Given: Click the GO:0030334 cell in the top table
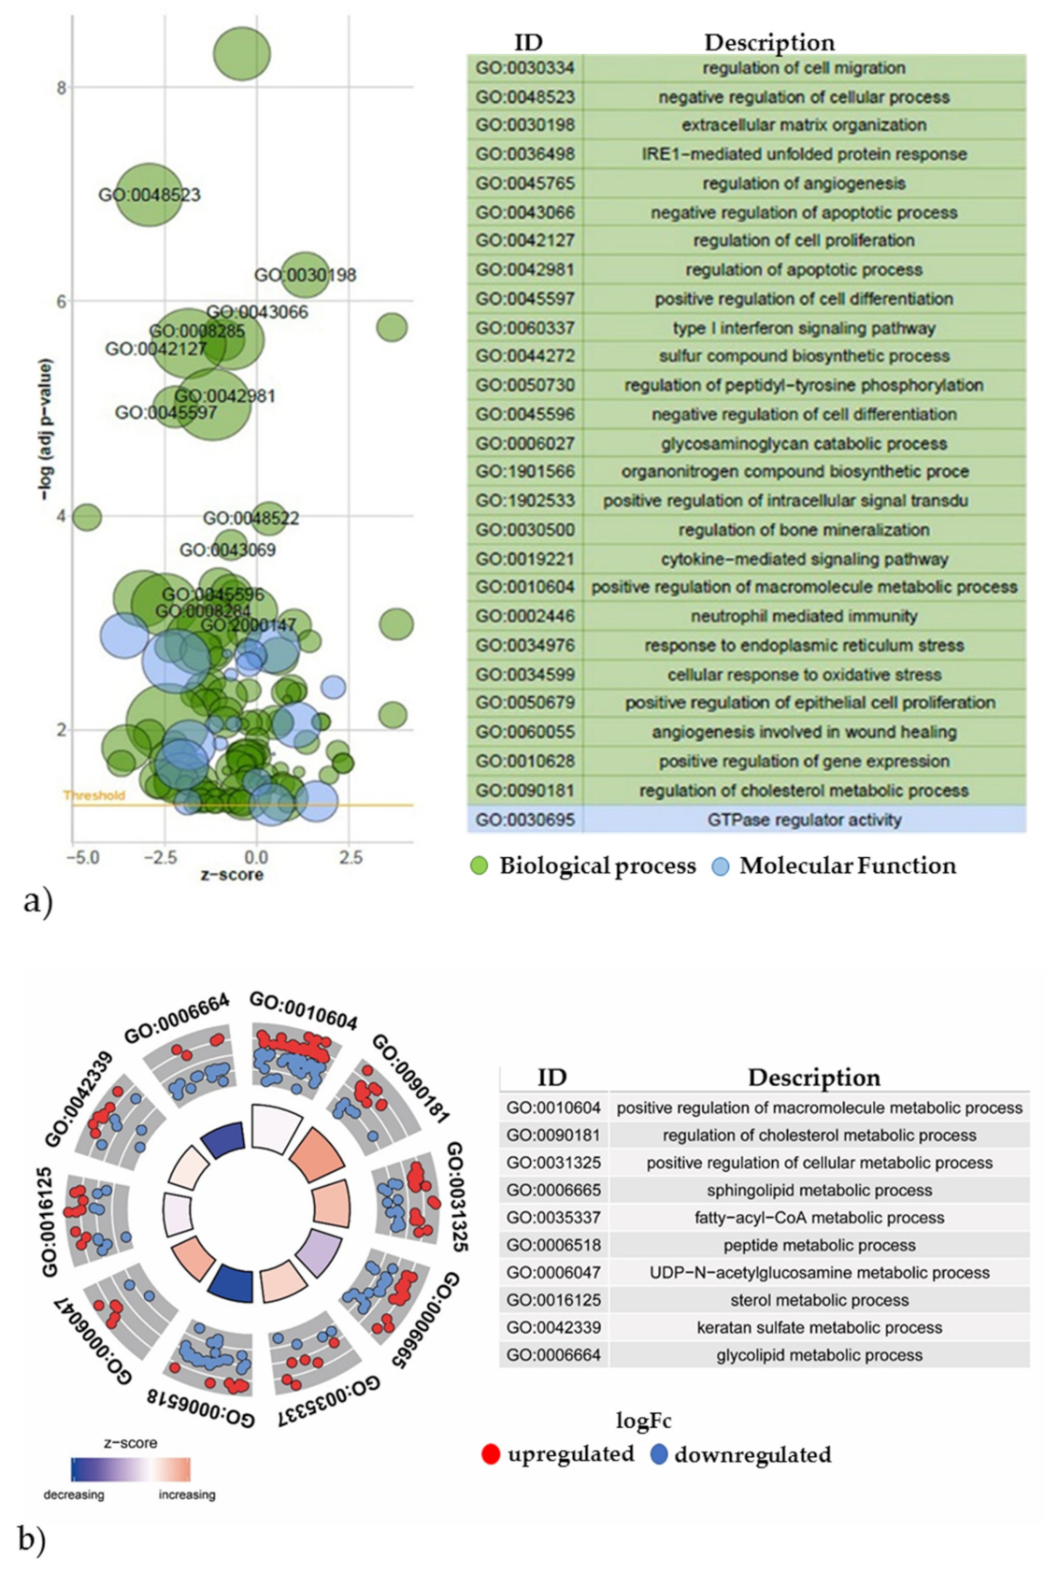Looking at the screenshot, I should point(524,68).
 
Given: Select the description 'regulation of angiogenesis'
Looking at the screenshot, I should point(804,183).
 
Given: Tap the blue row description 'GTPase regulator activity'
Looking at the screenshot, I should point(804,820).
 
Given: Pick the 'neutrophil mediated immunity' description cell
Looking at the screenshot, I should point(804,616).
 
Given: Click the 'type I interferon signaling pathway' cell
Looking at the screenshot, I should point(804,328).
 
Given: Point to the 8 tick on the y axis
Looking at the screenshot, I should point(62,89).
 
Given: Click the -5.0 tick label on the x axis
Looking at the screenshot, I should point(82,857).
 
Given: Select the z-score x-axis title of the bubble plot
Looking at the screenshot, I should point(231,875).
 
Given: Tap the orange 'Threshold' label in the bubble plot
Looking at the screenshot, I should point(93,795).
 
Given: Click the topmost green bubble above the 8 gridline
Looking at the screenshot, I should point(241,53).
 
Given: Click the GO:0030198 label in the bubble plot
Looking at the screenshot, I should point(305,276).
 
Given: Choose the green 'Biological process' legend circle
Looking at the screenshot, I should point(480,866).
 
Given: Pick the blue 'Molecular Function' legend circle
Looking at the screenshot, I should point(720,866).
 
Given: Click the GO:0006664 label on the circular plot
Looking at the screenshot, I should point(177,1019).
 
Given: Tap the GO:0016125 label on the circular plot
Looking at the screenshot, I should point(49,1221).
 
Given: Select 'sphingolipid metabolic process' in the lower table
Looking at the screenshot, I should point(819,1190).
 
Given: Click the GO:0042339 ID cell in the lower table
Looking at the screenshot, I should point(553,1327).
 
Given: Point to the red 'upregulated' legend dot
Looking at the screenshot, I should point(491,1454).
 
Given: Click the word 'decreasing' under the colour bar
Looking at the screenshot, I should point(74,1494).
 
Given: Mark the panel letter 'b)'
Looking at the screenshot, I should point(31,1539).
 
